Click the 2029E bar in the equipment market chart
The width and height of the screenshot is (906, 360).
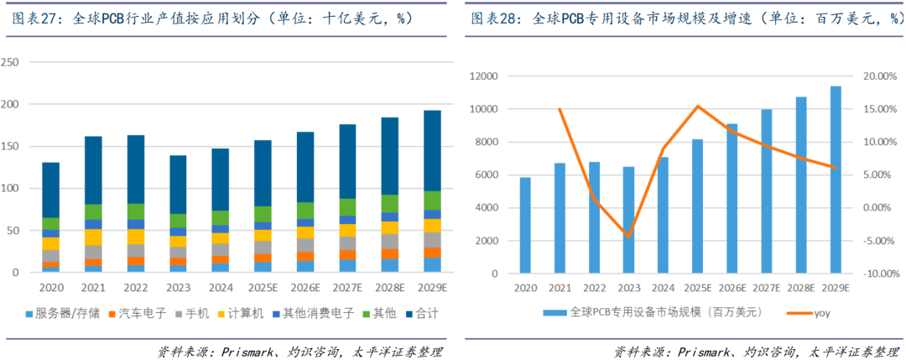click(836, 180)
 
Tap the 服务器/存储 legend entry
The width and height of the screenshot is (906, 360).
click(70, 312)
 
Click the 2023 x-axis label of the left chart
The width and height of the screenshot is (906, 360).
click(178, 286)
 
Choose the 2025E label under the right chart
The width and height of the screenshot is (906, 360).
click(698, 287)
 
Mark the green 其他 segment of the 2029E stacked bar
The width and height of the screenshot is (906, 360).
click(432, 200)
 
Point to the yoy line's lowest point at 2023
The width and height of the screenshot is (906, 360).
click(628, 237)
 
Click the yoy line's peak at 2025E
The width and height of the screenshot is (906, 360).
click(698, 106)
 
